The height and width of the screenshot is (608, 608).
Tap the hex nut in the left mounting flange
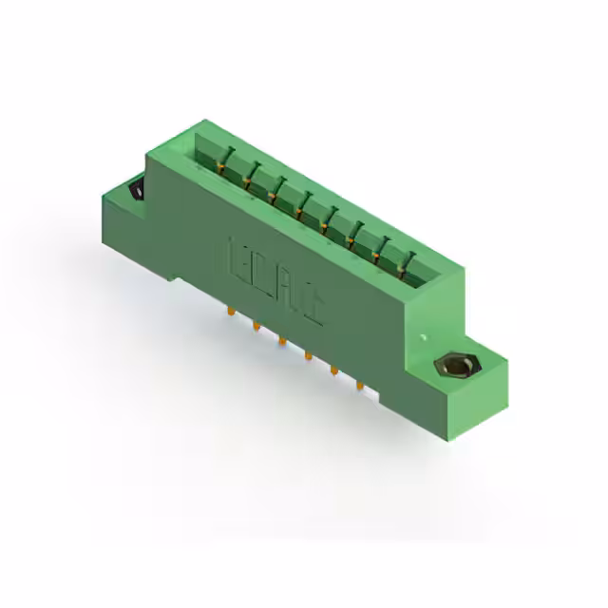click(136, 192)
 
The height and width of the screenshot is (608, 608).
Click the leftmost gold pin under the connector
click(231, 312)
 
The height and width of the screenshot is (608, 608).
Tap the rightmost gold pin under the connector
click(359, 385)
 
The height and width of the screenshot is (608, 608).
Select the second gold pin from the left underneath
click(256, 326)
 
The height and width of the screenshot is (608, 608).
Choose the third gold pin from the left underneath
click(282, 340)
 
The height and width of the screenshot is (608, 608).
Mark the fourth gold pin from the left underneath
click(308, 355)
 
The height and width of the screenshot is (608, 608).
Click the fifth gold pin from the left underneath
click(333, 370)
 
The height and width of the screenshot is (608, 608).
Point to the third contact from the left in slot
click(276, 188)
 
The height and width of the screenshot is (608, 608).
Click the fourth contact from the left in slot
click(303, 202)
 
